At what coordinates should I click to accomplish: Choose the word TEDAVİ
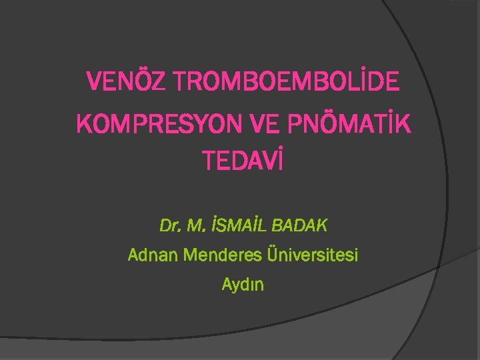pyautogui.click(x=243, y=161)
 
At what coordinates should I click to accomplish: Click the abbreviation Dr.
pyautogui.click(x=171, y=226)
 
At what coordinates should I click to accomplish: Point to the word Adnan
pyautogui.click(x=149, y=255)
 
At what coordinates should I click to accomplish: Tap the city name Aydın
pyautogui.click(x=243, y=285)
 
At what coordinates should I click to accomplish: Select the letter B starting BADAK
pyautogui.click(x=277, y=226)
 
